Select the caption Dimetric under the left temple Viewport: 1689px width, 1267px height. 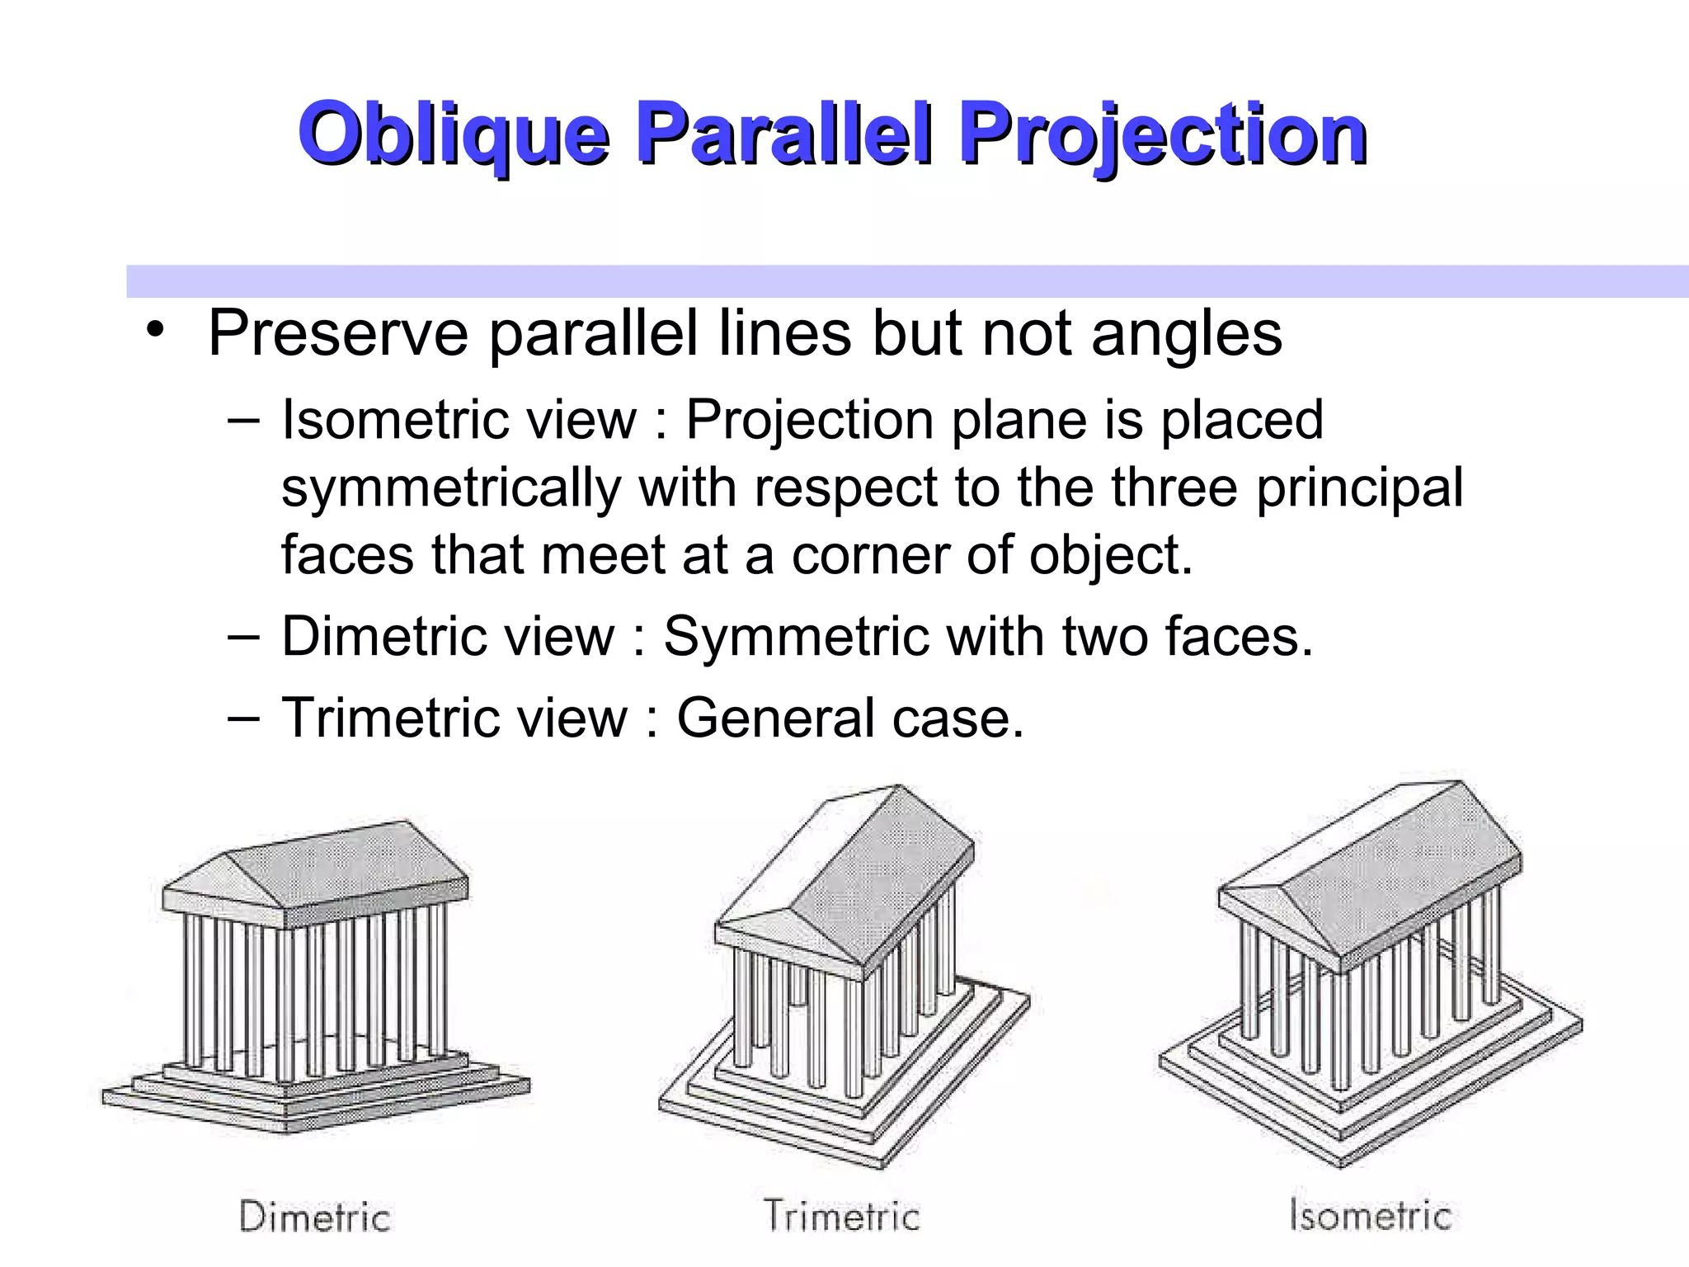[x=314, y=1217]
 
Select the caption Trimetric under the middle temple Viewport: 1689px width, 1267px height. [x=841, y=1215]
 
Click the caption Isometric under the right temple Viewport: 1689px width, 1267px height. [x=1370, y=1215]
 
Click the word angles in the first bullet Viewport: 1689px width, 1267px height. [x=1187, y=335]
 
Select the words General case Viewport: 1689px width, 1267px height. [x=849, y=718]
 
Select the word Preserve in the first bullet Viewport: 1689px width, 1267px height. [x=338, y=335]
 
